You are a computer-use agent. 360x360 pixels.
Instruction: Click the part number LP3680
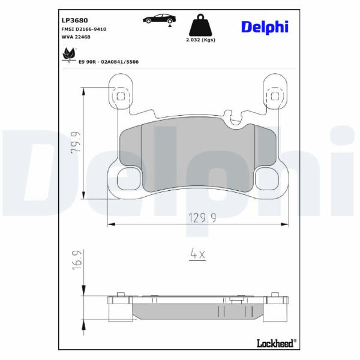(74, 20)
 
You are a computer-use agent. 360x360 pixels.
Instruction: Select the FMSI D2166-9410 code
(84, 29)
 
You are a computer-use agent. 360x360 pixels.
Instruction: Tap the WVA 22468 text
(76, 37)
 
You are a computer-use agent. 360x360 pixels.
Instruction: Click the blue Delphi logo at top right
(265, 28)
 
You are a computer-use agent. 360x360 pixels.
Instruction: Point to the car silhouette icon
(160, 19)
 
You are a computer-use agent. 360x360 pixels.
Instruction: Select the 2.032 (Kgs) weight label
(200, 40)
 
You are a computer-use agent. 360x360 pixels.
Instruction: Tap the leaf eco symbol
(69, 55)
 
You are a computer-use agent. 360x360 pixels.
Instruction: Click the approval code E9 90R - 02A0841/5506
(109, 62)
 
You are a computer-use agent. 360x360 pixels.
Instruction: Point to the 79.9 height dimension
(76, 142)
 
